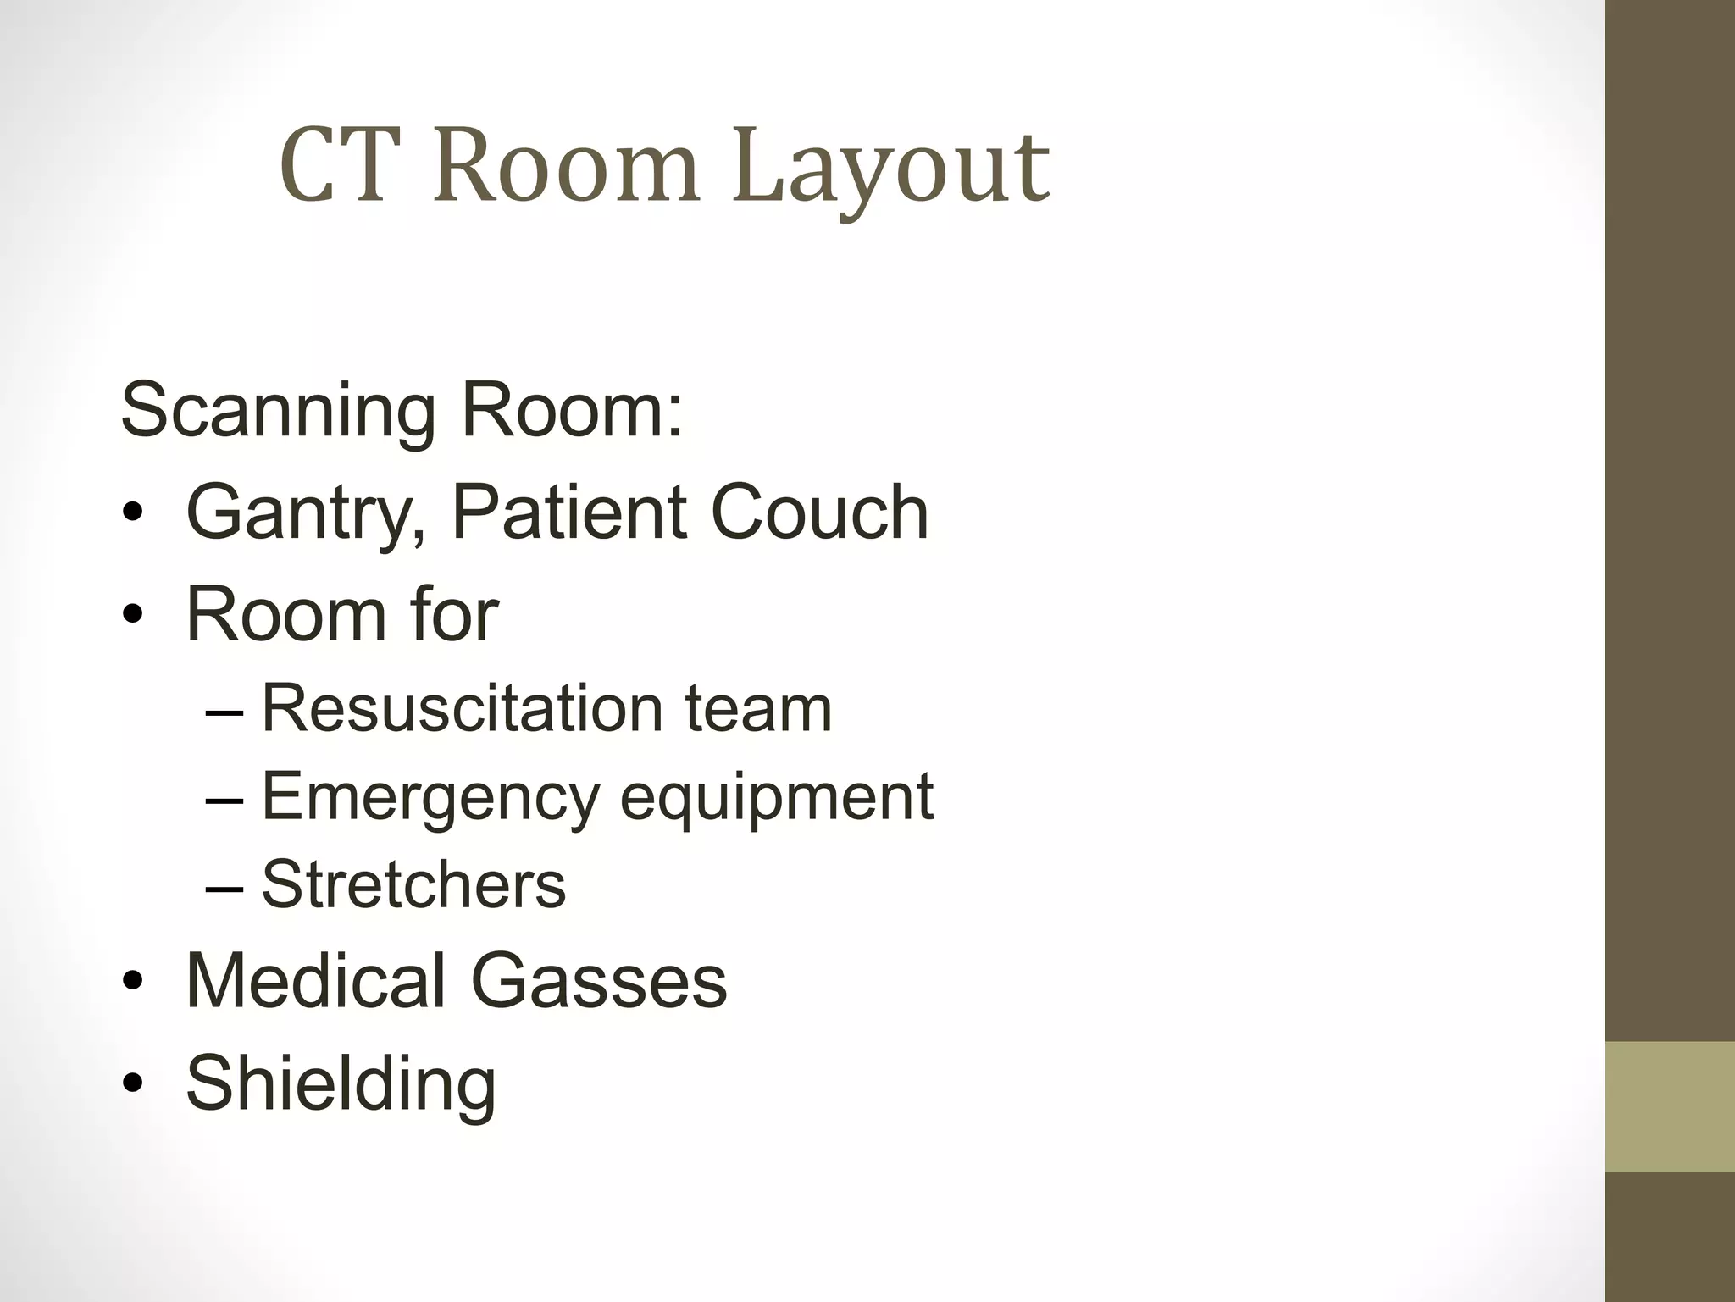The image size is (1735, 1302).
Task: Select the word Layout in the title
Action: [x=891, y=169]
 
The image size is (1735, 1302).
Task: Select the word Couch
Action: [x=819, y=512]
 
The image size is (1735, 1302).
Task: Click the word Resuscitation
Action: [x=462, y=708]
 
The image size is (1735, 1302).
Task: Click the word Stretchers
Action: [x=413, y=884]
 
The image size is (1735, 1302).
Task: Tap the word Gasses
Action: [x=598, y=980]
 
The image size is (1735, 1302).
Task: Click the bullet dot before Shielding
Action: [x=133, y=1083]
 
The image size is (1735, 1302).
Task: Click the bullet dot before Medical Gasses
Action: [x=133, y=981]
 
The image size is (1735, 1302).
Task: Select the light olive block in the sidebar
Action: [x=1669, y=1106]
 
